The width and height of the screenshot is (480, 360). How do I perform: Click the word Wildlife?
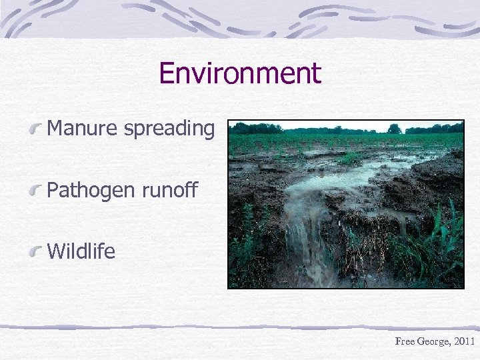(81, 251)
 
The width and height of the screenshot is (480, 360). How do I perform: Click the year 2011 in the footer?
(463, 341)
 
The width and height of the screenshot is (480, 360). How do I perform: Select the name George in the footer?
(432, 341)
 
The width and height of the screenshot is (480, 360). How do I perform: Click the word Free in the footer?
(405, 341)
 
